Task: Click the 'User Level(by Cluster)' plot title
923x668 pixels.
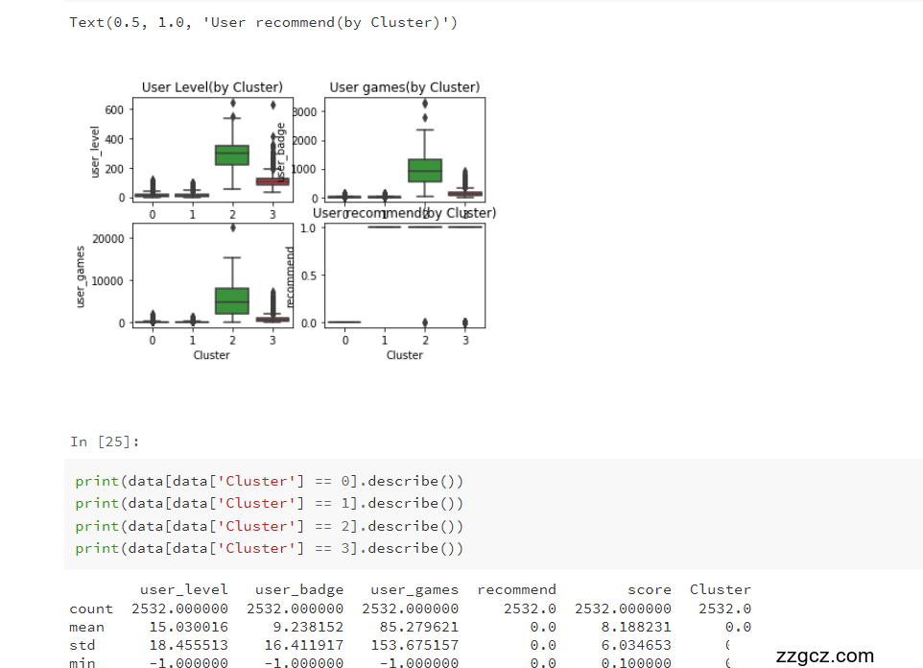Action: point(212,87)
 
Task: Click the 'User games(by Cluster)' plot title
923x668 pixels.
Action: point(404,87)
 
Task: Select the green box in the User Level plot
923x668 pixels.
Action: point(231,155)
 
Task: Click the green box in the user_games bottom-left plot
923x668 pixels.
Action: point(231,300)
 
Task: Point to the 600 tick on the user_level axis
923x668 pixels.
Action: point(114,109)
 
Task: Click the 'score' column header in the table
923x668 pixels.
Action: point(650,589)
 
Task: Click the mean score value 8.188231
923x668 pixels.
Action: point(624,627)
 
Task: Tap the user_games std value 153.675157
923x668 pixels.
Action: point(411,645)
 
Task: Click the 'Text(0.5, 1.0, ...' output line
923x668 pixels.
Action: point(263,22)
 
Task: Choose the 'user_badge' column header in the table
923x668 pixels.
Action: point(299,589)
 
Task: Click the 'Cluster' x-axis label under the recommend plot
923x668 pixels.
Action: point(404,355)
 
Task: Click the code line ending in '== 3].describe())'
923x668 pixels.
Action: point(269,548)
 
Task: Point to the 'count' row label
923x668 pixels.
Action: point(90,608)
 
